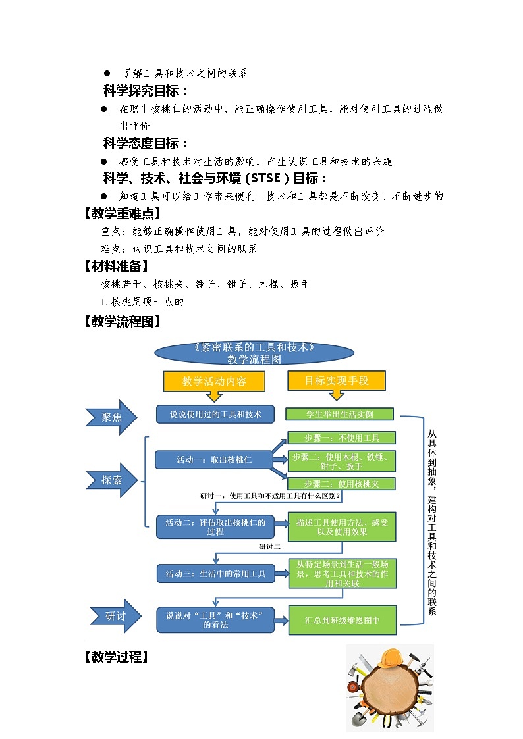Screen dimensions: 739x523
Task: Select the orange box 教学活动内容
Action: pyautogui.click(x=214, y=381)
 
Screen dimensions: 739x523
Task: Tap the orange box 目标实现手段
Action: pyautogui.click(x=336, y=380)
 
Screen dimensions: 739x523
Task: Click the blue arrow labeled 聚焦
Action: pyautogui.click(x=111, y=417)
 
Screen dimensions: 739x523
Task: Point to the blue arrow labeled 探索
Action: pyautogui.click(x=111, y=480)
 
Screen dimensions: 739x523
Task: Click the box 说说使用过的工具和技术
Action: pyautogui.click(x=215, y=414)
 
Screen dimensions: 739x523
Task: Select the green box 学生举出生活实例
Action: pyautogui.click(x=339, y=414)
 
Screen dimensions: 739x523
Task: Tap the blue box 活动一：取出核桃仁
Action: pyautogui.click(x=213, y=459)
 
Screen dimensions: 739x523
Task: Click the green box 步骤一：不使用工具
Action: pyautogui.click(x=341, y=438)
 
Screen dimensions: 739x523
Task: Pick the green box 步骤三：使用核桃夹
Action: pyautogui.click(x=341, y=484)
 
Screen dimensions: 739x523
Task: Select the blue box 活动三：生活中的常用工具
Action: pyautogui.click(x=215, y=574)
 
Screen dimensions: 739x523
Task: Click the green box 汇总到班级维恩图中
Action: pyautogui.click(x=342, y=620)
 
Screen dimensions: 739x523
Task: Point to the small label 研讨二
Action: pyautogui.click(x=270, y=547)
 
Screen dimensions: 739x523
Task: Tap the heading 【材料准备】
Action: pyautogui.click(x=116, y=267)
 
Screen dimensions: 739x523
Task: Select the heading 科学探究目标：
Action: pyautogui.click(x=146, y=91)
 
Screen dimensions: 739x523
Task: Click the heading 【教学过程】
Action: pyautogui.click(x=116, y=657)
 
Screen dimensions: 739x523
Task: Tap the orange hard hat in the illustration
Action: pyautogui.click(x=393, y=658)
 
